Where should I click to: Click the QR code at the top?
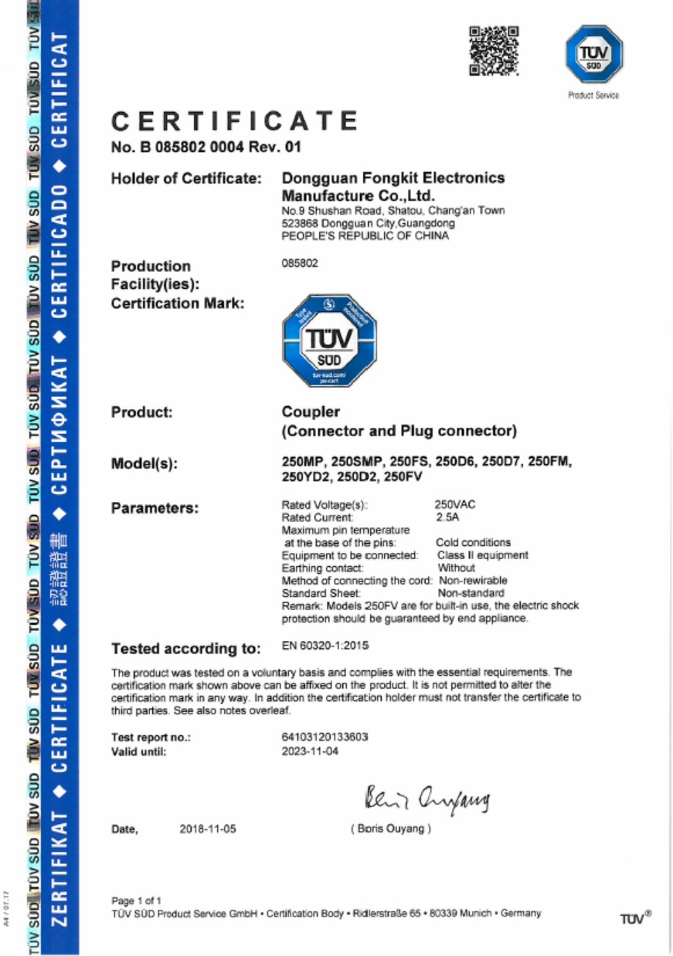(493, 51)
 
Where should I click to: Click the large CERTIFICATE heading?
(235, 121)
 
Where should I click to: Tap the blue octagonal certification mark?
(331, 337)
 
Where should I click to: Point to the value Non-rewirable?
(473, 580)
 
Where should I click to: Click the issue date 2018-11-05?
(207, 830)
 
